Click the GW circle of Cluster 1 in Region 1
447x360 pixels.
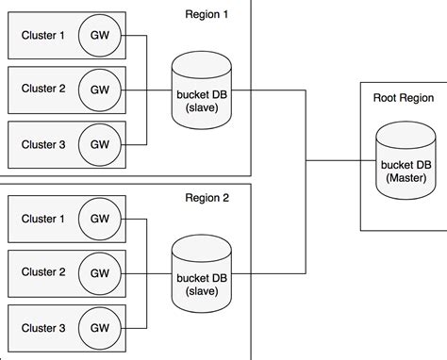(x=97, y=37)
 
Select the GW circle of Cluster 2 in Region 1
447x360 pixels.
(x=97, y=90)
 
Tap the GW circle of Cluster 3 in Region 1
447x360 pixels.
(x=97, y=144)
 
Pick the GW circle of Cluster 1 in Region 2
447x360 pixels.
(x=97, y=220)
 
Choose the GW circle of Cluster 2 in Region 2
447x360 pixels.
(x=97, y=273)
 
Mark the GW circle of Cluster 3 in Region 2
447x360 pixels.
(x=97, y=327)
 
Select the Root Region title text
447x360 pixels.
(x=403, y=97)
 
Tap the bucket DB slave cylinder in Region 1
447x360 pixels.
(x=201, y=92)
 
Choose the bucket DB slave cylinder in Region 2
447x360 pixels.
(x=201, y=274)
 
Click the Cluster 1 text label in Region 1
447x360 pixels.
(x=43, y=37)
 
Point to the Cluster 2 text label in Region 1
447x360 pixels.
(x=43, y=90)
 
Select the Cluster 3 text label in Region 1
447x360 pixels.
(x=43, y=144)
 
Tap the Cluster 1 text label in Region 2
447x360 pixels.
(x=43, y=220)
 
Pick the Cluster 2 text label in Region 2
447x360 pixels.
(x=43, y=273)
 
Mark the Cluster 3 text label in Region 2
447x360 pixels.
(x=43, y=327)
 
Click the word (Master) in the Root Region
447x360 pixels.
(x=405, y=176)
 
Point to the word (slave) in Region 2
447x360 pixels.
(x=201, y=290)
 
